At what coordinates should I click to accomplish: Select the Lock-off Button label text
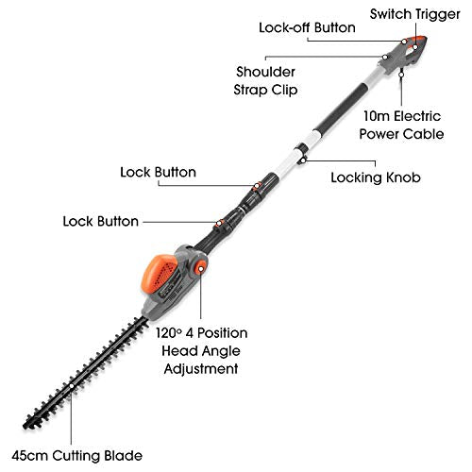tap(308, 27)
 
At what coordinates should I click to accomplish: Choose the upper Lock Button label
tap(159, 173)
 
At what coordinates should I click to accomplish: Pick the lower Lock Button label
tap(101, 222)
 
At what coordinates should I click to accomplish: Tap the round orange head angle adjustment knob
tap(201, 271)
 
